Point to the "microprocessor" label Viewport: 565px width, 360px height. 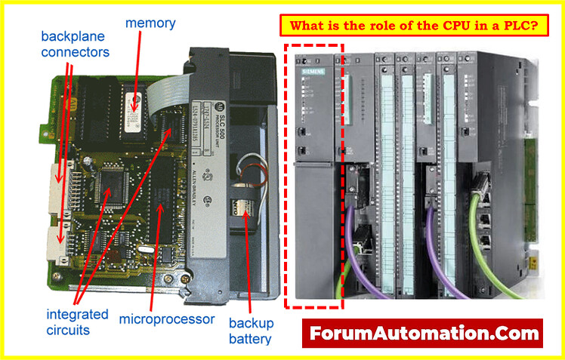166,318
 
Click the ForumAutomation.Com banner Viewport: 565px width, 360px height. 422,332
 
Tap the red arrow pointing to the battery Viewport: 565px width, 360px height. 249,264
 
